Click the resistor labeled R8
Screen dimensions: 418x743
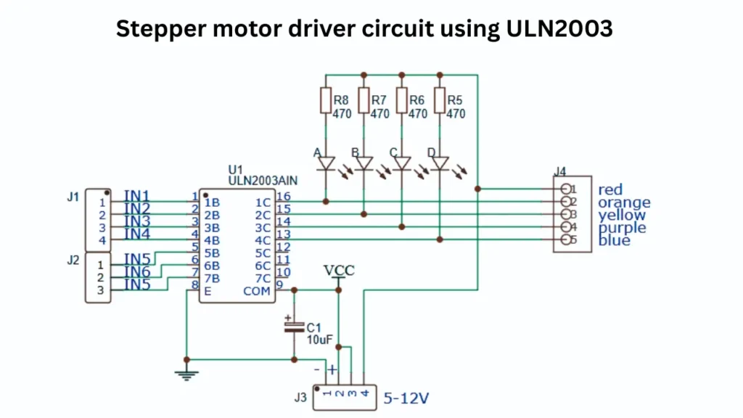[326, 100]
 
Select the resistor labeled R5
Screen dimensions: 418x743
[440, 100]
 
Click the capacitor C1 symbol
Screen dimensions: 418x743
[294, 326]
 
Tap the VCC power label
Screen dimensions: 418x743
[339, 271]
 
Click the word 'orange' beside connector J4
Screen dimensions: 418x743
[624, 202]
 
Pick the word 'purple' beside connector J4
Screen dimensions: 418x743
[623, 228]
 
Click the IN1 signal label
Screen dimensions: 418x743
[136, 196]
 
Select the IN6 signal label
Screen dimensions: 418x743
[136, 271]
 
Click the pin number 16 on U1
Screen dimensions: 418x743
[283, 196]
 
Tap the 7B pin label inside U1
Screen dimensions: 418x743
[212, 279]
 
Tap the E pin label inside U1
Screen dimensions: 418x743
[208, 291]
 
